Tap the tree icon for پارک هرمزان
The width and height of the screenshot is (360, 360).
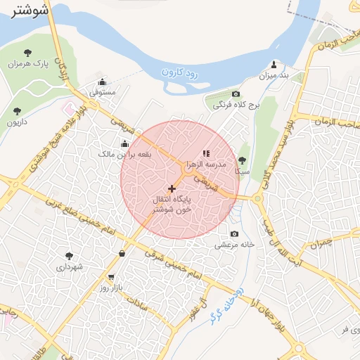coord(27,53)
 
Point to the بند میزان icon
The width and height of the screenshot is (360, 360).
coord(275,64)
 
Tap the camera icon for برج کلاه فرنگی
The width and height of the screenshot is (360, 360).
coord(236,94)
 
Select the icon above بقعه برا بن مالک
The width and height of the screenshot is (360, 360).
coord(124,143)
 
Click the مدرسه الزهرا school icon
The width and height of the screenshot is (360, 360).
coord(205,153)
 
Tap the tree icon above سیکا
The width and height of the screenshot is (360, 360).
coord(243,160)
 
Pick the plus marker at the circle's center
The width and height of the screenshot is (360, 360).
coord(171,188)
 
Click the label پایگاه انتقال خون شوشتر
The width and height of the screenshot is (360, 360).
coord(172,205)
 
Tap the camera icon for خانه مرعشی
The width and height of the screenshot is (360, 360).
coord(234,234)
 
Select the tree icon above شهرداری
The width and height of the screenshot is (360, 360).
coord(68,256)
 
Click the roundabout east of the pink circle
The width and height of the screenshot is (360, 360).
coord(258,199)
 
